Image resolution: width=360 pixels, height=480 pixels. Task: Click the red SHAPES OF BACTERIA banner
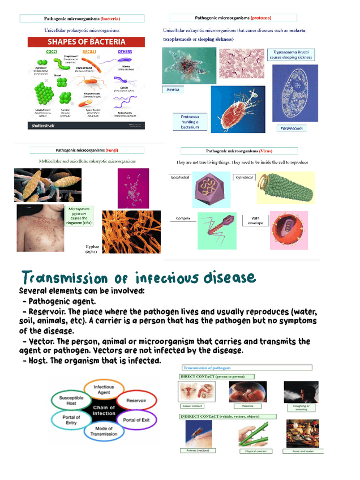pyautogui.click(x=83, y=42)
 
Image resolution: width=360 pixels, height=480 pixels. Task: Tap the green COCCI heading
pyautogui.click(x=52, y=52)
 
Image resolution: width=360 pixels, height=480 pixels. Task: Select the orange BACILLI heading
pyautogui.click(x=89, y=52)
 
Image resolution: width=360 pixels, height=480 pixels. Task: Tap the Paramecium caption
pyautogui.click(x=292, y=128)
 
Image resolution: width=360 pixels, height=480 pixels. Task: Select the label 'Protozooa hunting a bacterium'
pyautogui.click(x=190, y=122)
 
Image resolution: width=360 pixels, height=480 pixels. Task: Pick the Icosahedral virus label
pyautogui.click(x=181, y=177)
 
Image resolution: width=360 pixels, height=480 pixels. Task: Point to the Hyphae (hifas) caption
pyautogui.click(x=92, y=249)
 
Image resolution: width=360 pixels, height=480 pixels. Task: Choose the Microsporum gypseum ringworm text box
pyautogui.click(x=79, y=216)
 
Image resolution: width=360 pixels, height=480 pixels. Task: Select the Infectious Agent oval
pyautogui.click(x=104, y=389)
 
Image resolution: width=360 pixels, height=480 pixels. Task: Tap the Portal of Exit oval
pyautogui.click(x=136, y=419)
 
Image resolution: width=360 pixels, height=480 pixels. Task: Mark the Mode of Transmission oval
pyautogui.click(x=104, y=431)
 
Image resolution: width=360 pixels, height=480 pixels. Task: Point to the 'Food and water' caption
pyautogui.click(x=303, y=451)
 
